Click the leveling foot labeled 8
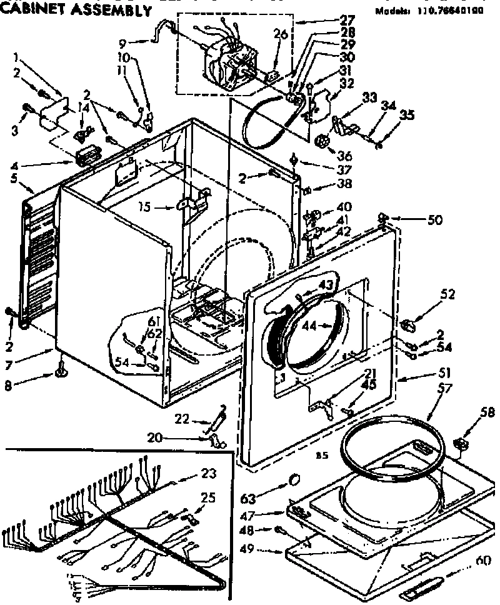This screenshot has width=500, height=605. pos(62,372)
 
